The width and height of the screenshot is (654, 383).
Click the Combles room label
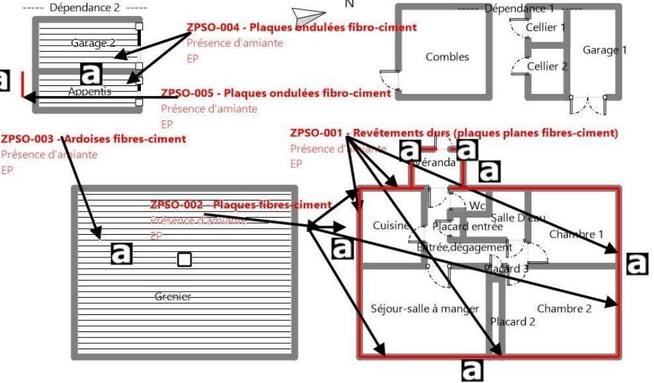click(447, 58)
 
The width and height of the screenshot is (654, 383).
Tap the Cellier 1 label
click(546, 28)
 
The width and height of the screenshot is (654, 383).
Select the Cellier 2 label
click(547, 66)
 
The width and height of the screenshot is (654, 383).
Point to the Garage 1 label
click(604, 50)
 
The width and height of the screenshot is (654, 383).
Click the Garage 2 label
click(93, 44)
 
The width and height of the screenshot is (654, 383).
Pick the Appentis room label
click(90, 91)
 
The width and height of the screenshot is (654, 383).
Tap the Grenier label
click(173, 296)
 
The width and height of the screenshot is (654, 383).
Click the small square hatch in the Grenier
click(184, 259)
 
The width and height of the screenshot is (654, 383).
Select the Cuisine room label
click(391, 226)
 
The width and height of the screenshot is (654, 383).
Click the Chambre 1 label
click(576, 234)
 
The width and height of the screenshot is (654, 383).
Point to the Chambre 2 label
click(564, 308)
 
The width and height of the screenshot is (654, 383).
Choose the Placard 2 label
click(512, 322)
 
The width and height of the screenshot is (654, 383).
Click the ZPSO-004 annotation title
click(302, 28)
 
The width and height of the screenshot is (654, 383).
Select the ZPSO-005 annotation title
click(276, 93)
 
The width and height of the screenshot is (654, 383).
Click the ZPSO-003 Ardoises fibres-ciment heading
click(93, 139)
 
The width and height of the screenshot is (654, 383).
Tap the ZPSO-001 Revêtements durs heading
click(454, 133)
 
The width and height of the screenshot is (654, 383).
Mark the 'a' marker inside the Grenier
click(121, 253)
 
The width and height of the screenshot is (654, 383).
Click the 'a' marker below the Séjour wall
click(471, 370)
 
